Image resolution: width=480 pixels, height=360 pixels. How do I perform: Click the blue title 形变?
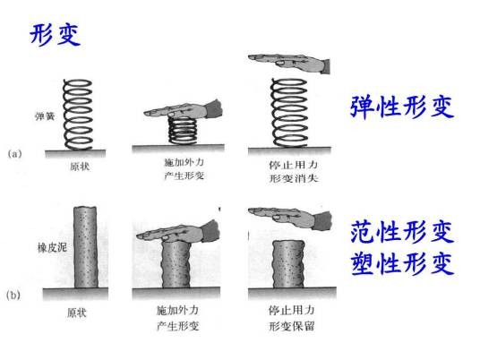(56, 35)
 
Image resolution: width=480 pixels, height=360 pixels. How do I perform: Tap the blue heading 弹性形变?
(402, 107)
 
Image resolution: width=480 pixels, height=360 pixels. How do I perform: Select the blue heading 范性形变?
(402, 233)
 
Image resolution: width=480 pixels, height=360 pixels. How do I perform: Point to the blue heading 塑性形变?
(402, 263)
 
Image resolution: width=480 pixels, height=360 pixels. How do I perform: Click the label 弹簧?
(45, 116)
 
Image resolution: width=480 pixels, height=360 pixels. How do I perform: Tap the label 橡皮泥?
(52, 247)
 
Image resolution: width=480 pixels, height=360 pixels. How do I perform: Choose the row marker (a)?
(14, 153)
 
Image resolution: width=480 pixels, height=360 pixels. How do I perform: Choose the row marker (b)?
(13, 296)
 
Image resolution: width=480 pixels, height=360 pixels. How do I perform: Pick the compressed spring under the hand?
(183, 131)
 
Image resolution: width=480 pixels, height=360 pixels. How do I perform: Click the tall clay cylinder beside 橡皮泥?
(86, 247)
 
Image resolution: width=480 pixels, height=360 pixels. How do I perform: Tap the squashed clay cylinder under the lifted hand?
(288, 264)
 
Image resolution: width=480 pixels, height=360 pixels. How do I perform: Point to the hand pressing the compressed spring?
(184, 110)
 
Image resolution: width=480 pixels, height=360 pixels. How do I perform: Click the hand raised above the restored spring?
(289, 63)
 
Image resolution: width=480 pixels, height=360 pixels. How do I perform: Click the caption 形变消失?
(294, 178)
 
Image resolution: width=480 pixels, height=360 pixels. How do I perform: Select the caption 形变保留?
(292, 326)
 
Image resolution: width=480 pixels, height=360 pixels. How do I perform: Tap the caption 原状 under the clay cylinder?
(77, 313)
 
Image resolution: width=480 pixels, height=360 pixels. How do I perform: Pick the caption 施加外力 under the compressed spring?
(184, 162)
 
